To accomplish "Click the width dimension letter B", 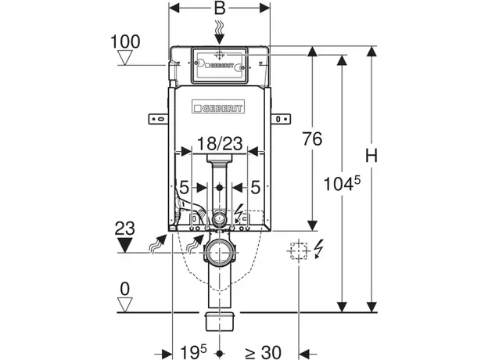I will pyautogui.click(x=220, y=10).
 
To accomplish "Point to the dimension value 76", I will pyautogui.click(x=313, y=139).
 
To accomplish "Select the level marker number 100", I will pyautogui.click(x=126, y=40).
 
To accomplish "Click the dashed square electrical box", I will pyautogui.click(x=297, y=251).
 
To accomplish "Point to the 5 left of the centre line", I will pyautogui.click(x=182, y=188).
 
